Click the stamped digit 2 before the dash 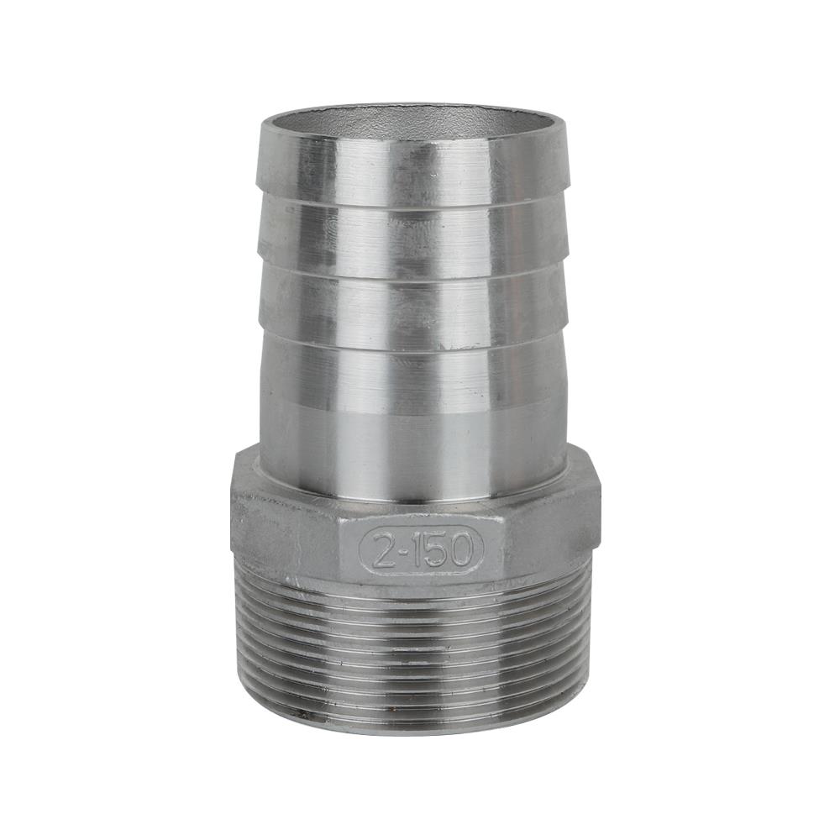382,549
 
